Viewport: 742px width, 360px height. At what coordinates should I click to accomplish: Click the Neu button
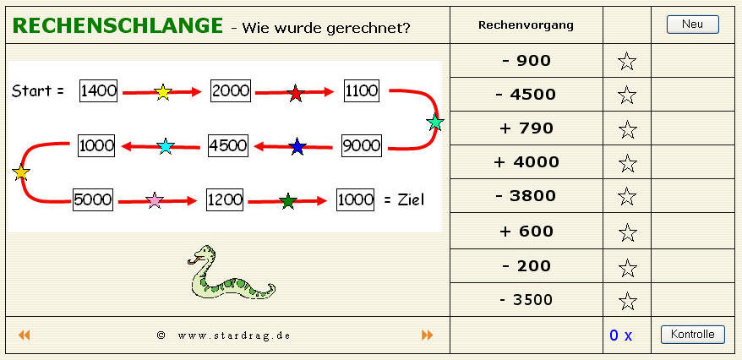[692, 25]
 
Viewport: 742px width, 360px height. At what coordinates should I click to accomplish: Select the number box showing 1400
[98, 90]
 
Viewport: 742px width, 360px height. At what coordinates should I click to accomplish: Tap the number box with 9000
[362, 145]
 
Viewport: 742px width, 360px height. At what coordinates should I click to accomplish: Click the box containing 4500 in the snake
[228, 145]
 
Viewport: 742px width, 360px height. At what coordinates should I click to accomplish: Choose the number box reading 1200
[225, 200]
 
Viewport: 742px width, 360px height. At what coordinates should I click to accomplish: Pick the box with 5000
[93, 199]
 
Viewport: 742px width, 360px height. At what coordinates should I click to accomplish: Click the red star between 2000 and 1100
[296, 93]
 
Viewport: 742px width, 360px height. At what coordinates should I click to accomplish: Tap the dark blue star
[297, 146]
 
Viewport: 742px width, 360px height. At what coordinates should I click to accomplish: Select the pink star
[155, 200]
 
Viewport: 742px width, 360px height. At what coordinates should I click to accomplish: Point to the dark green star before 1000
[287, 201]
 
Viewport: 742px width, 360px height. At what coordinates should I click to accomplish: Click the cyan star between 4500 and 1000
[166, 146]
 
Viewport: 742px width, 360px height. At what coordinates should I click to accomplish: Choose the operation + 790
[526, 128]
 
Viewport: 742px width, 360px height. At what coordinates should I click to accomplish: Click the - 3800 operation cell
[526, 196]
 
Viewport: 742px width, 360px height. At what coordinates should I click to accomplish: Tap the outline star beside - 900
[627, 62]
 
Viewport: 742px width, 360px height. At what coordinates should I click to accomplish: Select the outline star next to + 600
[627, 232]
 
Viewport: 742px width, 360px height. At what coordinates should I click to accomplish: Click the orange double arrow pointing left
[25, 335]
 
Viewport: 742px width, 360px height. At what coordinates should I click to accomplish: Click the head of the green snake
[202, 254]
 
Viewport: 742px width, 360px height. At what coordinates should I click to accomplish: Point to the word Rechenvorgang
[526, 25]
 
